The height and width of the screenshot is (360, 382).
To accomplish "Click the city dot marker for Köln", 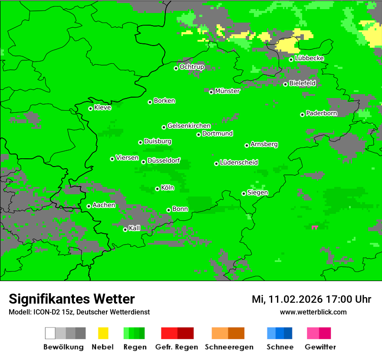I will coord(157,189).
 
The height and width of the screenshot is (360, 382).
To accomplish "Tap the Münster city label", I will coord(227,91).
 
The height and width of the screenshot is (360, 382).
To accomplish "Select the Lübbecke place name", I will coord(309,58).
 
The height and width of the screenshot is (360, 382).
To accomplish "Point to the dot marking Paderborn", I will coord(302,115).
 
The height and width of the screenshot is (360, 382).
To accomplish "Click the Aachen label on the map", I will coord(104,205).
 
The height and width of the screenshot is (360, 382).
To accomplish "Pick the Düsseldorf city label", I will coord(164,160).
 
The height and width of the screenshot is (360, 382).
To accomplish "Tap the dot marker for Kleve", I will coord(90,108).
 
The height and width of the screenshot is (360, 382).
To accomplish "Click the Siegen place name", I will coord(257,193).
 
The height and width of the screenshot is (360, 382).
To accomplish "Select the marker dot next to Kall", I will coord(125,229).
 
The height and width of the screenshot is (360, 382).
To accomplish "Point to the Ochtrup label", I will coord(191,67).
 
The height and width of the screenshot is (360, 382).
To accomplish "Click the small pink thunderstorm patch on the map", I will coord(315,227).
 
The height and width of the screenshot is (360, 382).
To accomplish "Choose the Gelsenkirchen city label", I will coord(189,126).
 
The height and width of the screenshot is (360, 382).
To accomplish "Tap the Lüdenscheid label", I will coord(239,163).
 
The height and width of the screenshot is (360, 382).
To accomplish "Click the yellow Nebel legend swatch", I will coord(103,333).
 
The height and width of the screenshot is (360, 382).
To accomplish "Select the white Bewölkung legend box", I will coord(50,333).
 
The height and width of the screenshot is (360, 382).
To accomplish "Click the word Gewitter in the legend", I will coord(320,347).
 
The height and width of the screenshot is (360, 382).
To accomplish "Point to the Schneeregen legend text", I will coord(229,347).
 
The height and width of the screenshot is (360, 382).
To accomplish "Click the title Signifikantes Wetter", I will coord(72,299).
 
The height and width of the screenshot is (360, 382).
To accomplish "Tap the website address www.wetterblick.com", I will coord(313,312).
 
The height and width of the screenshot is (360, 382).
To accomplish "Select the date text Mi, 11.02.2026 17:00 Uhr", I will coord(311,299).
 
